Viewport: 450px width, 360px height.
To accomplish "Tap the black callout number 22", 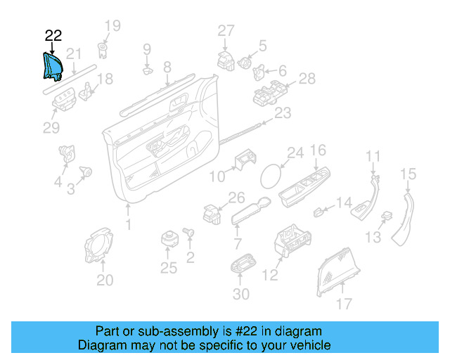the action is (x=53, y=36).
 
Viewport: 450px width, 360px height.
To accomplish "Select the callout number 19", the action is (x=112, y=26).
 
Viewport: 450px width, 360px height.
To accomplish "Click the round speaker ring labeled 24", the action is (x=271, y=176).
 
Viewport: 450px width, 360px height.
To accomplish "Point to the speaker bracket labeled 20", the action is (x=99, y=245).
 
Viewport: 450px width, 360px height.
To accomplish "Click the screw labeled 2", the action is (x=188, y=232).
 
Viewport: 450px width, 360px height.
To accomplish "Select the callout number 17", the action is (x=344, y=304).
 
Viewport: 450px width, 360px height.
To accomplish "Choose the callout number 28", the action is (x=307, y=79).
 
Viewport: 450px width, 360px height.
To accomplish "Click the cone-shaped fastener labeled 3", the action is (x=86, y=172).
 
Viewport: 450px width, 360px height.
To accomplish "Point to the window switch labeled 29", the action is (x=64, y=99).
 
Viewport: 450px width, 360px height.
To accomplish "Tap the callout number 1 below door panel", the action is (x=129, y=224).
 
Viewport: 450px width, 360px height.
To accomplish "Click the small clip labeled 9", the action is (x=148, y=70).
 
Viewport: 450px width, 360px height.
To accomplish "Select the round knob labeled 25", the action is (x=169, y=239).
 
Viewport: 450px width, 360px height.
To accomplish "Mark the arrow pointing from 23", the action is (x=268, y=120).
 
